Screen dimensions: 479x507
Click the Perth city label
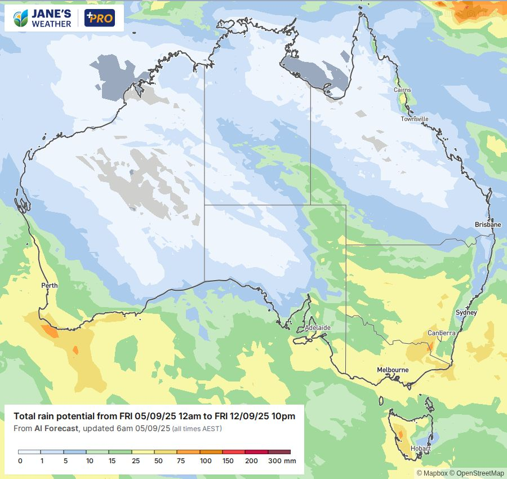click(x=50, y=286)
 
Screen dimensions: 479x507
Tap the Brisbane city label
click(x=488, y=224)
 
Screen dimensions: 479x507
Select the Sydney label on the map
click(x=466, y=312)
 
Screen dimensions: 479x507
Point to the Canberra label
click(x=441, y=333)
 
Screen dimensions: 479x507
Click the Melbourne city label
click(x=393, y=370)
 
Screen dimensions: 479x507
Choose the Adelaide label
click(x=317, y=327)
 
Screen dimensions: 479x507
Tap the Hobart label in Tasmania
click(x=421, y=449)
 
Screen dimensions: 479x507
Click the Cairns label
click(x=402, y=90)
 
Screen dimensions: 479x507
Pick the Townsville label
click(x=415, y=119)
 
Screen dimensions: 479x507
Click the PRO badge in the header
click(x=99, y=19)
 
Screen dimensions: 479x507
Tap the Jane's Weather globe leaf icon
click(x=21, y=19)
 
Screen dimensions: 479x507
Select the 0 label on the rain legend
click(x=20, y=461)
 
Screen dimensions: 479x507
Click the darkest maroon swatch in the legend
click(x=279, y=451)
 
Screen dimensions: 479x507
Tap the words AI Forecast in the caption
click(x=55, y=429)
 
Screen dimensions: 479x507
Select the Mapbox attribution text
click(x=432, y=473)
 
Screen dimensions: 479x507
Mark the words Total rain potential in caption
click(x=51, y=416)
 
